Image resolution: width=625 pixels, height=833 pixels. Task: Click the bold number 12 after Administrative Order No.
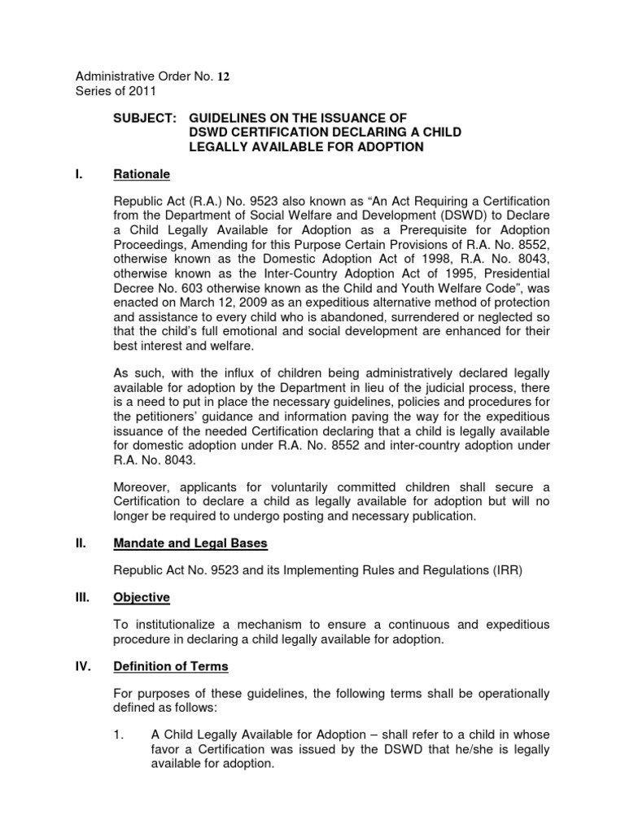224,77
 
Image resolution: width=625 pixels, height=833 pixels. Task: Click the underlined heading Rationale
143,173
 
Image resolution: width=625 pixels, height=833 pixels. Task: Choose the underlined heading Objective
142,598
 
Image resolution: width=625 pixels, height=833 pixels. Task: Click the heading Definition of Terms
171,666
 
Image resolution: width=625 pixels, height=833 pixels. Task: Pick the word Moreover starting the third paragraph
144,486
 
